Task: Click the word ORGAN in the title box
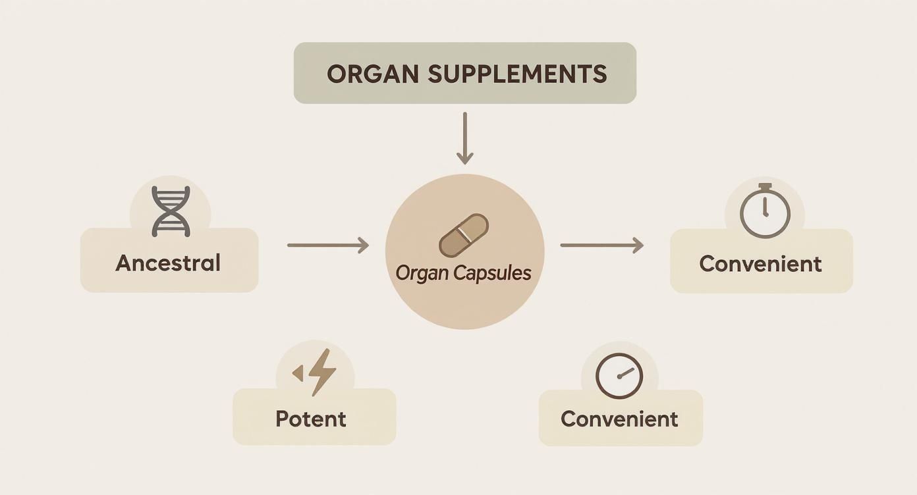point(372,74)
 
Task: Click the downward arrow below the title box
point(465,138)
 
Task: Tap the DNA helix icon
point(171,211)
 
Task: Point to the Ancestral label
point(168,263)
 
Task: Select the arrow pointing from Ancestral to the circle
point(327,246)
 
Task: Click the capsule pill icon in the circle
point(464,236)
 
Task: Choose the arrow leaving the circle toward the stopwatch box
point(601,246)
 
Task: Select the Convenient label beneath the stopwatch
point(760,264)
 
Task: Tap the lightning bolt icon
point(322,372)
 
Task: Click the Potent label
point(311,419)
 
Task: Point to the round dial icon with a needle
point(619,376)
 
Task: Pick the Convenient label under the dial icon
point(619,419)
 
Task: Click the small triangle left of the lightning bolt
point(298,373)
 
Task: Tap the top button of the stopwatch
point(765,187)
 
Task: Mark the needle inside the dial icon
point(625,373)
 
